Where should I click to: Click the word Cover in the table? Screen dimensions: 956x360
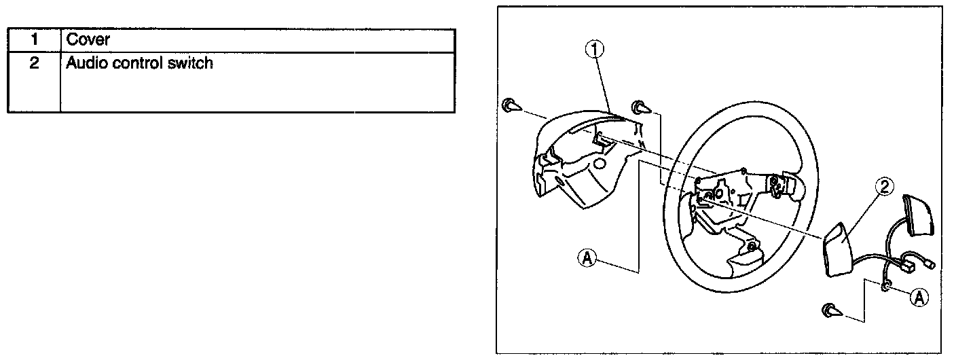[x=88, y=40]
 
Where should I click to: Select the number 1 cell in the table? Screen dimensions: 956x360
[x=33, y=40]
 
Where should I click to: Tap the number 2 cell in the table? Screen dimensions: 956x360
[x=33, y=65]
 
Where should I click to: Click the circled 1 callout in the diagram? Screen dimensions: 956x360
[x=594, y=50]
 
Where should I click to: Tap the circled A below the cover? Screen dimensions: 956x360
[x=587, y=257]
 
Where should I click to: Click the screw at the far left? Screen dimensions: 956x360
[x=511, y=106]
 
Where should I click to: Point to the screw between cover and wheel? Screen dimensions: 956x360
[x=640, y=107]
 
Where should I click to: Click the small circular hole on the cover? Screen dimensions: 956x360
[x=599, y=164]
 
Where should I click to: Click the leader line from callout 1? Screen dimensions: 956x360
[x=605, y=85]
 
